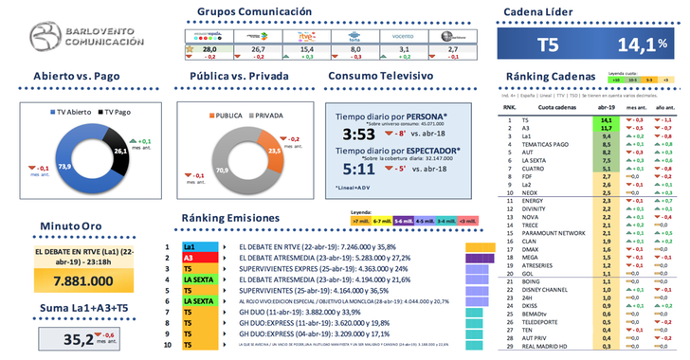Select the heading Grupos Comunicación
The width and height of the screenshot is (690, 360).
(254, 12)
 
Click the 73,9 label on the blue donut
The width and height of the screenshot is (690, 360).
(65, 166)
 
